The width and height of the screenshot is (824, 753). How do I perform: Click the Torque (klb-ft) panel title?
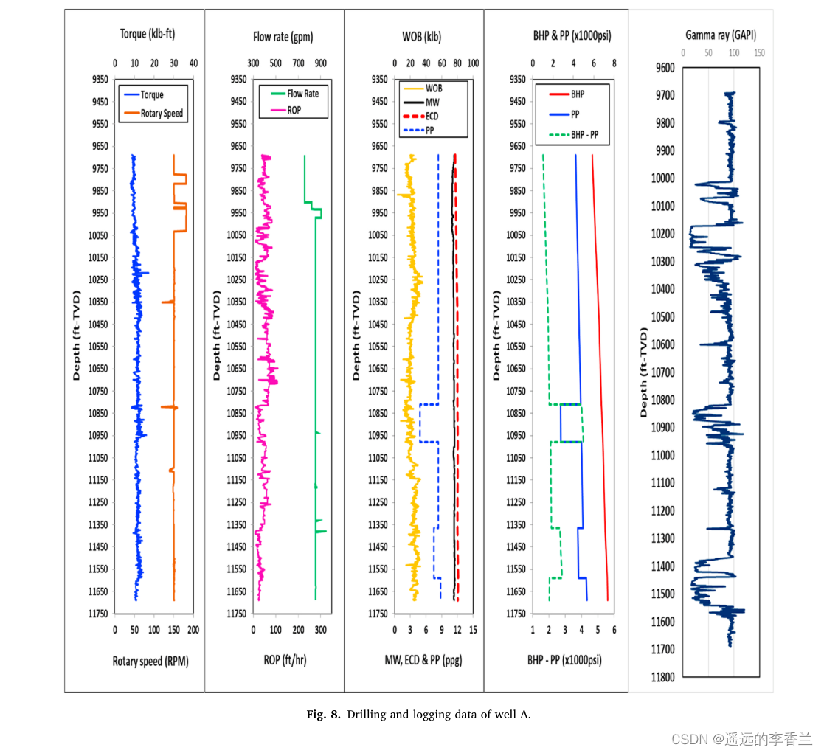coord(148,34)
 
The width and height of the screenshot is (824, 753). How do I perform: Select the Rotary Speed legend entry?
coord(162,114)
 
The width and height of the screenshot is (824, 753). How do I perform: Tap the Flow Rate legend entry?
coord(302,94)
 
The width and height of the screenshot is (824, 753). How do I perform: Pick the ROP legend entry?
coord(294,111)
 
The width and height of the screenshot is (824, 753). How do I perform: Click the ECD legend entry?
coord(434,116)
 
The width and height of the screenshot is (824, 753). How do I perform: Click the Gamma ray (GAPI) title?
coord(721,35)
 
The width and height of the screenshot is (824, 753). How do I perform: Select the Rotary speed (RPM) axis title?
coord(150,662)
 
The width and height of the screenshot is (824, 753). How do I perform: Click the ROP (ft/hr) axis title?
coord(285,660)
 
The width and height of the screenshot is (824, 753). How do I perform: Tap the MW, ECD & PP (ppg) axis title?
coord(423,660)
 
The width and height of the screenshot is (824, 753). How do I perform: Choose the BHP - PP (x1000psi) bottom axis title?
coord(564,660)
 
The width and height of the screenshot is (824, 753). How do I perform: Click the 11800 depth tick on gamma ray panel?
coord(662,677)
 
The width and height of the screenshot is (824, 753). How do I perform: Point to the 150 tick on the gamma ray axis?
coord(759,53)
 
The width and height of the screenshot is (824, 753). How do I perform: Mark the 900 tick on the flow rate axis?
coord(321,64)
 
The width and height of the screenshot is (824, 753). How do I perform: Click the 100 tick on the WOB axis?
coord(474,64)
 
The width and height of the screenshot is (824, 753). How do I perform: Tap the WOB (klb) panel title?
coord(422,37)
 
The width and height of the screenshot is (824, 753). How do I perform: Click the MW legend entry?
coord(433,101)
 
